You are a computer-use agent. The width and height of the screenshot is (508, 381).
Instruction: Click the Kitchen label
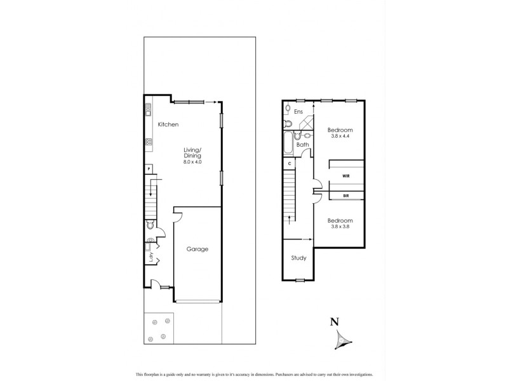click(168, 124)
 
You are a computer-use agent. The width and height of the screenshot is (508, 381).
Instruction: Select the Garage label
click(197, 249)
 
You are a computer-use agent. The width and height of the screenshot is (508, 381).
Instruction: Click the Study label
click(299, 258)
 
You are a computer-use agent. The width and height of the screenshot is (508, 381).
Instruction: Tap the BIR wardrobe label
click(345, 196)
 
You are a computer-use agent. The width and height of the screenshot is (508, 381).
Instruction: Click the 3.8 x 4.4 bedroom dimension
click(340, 136)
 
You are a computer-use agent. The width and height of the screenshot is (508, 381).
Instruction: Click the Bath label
click(303, 145)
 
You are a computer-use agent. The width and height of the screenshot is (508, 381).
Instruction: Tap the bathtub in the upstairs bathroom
click(289, 143)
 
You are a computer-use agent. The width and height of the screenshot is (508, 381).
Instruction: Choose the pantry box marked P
click(148, 170)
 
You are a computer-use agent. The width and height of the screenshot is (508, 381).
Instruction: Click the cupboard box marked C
click(290, 164)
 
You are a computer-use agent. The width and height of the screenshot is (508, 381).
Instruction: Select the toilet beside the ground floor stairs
click(150, 225)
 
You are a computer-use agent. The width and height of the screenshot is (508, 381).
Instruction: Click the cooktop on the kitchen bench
click(148, 142)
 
